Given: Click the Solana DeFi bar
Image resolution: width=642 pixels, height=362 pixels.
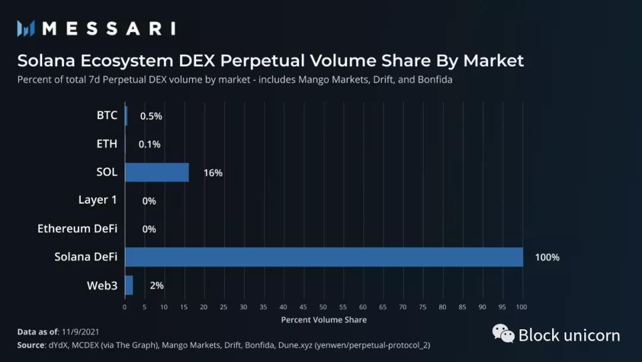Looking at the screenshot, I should tap(324, 257).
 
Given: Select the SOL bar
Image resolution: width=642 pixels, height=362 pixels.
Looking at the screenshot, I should tap(157, 173).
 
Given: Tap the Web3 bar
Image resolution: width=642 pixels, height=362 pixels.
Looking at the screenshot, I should tap(129, 286).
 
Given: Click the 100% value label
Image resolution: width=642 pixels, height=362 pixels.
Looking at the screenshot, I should tap(547, 258).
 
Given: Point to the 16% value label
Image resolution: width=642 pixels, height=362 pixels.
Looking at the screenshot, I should tap(213, 173).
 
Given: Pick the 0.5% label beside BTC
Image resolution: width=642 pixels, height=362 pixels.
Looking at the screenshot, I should tap(151, 116).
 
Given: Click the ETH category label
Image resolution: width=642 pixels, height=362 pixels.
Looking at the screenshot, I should tap(107, 144).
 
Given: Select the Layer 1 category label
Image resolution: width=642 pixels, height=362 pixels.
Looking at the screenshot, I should tap(97, 200).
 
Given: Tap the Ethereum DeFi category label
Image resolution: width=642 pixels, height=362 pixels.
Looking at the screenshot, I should tap(77, 229).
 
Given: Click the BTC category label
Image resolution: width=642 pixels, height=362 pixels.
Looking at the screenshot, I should tap(107, 116).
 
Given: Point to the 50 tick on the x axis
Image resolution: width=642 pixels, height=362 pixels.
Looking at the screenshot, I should tap(323, 307).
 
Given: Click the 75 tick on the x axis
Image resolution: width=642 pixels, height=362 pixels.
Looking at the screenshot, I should tap(423, 307).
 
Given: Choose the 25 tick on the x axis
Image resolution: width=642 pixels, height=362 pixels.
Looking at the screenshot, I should tap(224, 307).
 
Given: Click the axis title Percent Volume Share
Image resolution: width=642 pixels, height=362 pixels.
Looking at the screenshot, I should tap(324, 320).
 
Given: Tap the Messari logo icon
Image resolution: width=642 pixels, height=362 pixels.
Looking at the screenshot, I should tap(26, 28).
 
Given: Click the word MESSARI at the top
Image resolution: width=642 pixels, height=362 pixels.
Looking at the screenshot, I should tap(109, 28).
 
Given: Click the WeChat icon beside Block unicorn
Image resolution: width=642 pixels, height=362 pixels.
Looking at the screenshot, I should tap(503, 334).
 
